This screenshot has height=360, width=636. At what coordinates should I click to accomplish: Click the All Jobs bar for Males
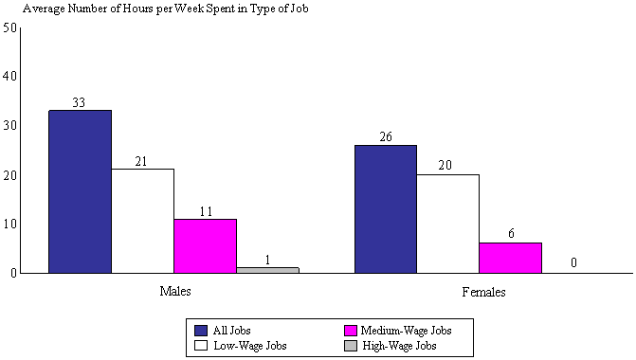pos(80,191)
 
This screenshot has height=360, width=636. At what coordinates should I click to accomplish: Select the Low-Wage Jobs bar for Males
pos(142,221)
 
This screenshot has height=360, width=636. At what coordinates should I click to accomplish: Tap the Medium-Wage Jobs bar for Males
pos(205,245)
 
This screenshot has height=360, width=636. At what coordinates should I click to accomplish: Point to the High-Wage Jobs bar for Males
pos(267,270)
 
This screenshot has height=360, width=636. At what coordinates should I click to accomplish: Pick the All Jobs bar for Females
pos(385,208)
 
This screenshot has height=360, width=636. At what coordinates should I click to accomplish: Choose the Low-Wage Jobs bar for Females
pos(447,224)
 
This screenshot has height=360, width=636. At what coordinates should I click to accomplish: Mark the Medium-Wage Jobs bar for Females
pos(510,258)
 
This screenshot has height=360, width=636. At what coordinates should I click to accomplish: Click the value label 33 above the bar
pos(80,103)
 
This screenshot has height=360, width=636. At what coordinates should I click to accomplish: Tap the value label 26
pos(385,137)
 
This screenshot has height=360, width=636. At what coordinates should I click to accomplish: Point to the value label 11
pos(205,211)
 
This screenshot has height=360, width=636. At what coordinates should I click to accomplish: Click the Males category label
pos(174,292)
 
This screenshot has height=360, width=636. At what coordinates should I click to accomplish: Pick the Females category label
pos(483,292)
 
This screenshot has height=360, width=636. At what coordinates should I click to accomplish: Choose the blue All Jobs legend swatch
pos(200,331)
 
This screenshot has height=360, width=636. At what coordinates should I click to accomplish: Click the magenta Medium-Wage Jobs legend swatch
pos(350,331)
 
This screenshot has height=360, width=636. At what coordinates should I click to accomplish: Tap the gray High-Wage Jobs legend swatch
pos(350,346)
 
